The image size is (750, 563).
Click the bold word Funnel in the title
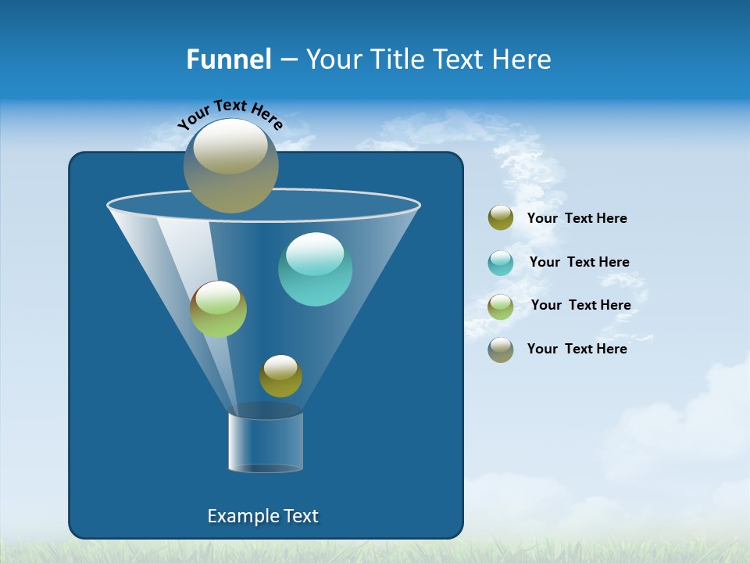(228, 59)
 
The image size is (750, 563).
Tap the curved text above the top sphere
(230, 113)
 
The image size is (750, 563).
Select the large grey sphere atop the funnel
(230, 166)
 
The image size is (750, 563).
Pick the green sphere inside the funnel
(218, 310)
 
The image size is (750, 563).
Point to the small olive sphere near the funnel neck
(280, 376)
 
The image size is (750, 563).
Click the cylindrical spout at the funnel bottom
(265, 442)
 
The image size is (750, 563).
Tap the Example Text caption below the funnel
(262, 516)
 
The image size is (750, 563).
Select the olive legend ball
(501, 218)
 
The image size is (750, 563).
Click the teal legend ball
(501, 262)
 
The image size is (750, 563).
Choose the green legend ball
(501, 306)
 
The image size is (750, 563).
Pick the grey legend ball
(501, 349)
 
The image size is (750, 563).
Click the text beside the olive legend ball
(577, 218)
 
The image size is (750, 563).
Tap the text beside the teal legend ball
(579, 262)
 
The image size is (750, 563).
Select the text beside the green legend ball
(580, 305)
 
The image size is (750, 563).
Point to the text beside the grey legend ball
(577, 349)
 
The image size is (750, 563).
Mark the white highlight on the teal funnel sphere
(315, 253)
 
